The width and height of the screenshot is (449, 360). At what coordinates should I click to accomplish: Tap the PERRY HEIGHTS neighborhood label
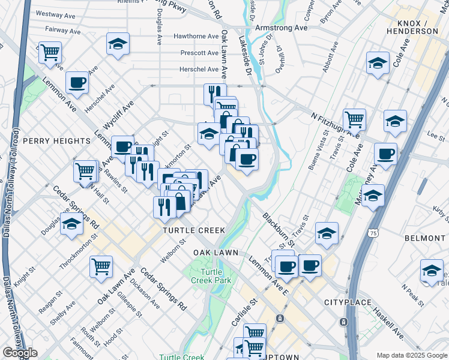[x=56, y=140]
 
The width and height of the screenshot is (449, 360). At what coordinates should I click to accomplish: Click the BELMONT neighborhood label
[x=425, y=238]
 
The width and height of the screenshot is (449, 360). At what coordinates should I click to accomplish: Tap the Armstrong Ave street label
[x=281, y=28]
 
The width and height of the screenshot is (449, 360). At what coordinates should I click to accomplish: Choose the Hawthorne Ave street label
[x=196, y=37]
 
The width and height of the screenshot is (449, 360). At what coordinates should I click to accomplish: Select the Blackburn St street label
[x=279, y=230]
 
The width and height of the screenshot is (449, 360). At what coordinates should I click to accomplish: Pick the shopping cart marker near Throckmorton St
[x=101, y=266]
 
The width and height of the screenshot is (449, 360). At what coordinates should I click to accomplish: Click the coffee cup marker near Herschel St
[x=77, y=83]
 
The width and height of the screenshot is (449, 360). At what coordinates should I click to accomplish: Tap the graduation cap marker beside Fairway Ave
[x=118, y=44]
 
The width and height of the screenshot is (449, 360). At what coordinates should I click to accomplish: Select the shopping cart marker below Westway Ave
[x=50, y=52]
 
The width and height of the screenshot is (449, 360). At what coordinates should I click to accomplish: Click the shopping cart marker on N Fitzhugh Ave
[x=355, y=118]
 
